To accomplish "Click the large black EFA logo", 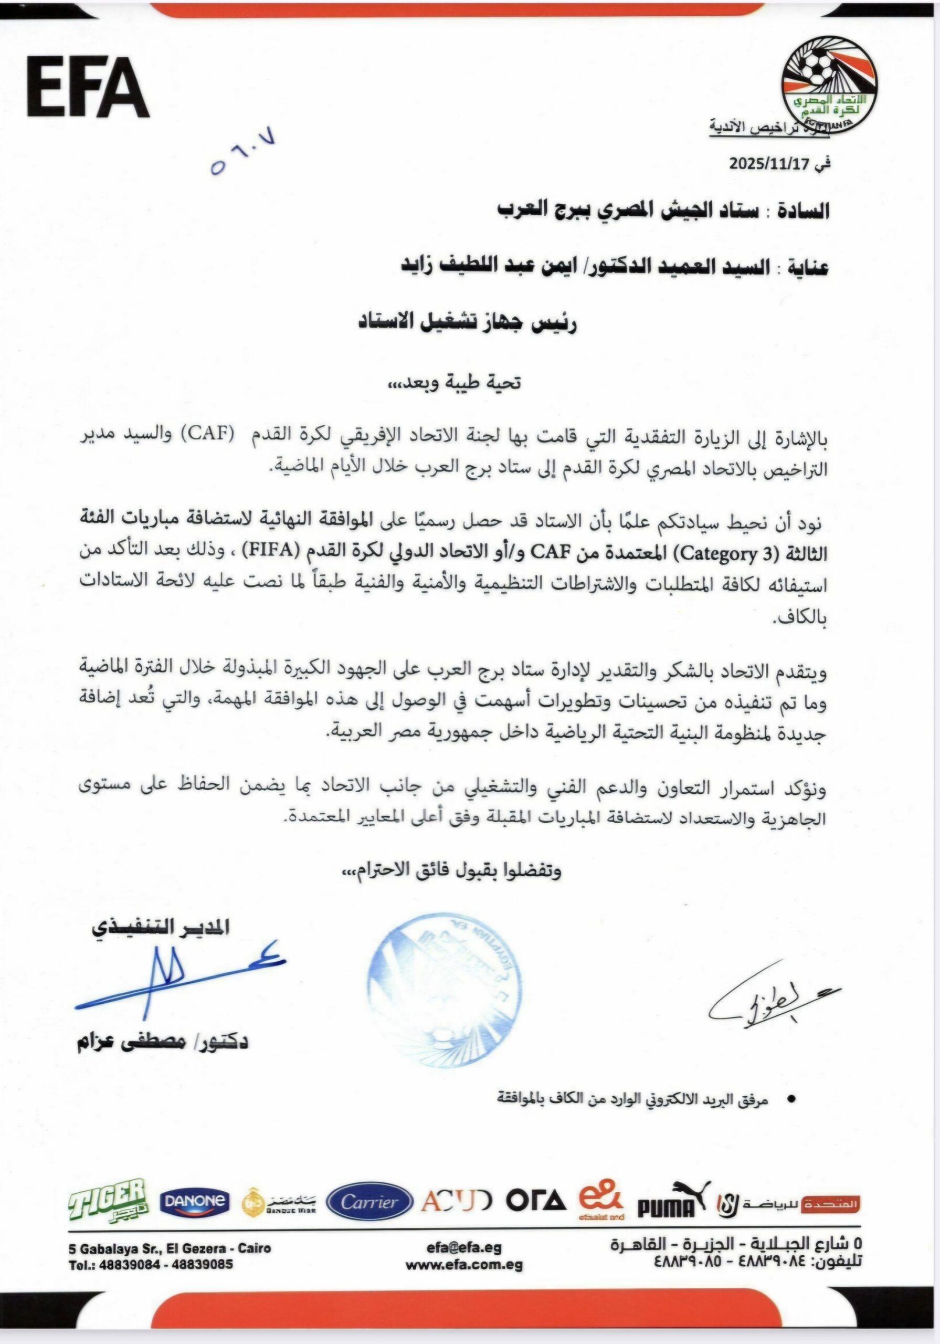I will click(88, 88).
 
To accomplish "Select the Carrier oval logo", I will click(369, 1202).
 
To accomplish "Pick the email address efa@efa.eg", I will click(466, 1247).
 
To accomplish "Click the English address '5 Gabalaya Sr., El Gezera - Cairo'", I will click(170, 1248).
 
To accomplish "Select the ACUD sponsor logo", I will click(457, 1201).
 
